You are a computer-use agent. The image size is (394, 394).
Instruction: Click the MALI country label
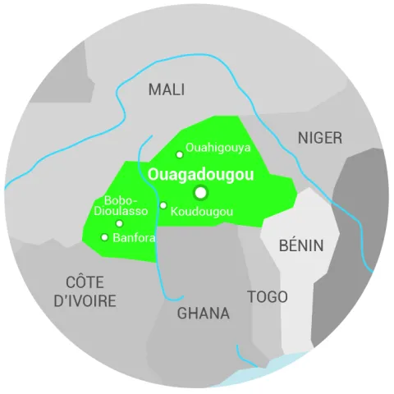(167, 89)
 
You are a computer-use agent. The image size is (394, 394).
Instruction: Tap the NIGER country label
(320, 138)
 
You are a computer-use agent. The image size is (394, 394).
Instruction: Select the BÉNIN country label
(301, 245)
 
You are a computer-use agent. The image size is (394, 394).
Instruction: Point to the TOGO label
(268, 296)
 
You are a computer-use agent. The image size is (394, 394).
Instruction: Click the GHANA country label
(204, 314)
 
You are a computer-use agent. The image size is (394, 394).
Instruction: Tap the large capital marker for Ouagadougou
(201, 193)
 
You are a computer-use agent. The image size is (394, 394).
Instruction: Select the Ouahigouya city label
(218, 148)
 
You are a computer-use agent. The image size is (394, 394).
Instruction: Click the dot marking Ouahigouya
(180, 154)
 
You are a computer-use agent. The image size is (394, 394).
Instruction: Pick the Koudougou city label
(202, 212)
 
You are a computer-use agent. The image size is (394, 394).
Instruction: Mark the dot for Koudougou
(163, 205)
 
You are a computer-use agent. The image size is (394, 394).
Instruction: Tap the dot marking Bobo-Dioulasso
(120, 223)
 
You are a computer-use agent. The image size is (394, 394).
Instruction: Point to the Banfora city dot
(104, 237)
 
